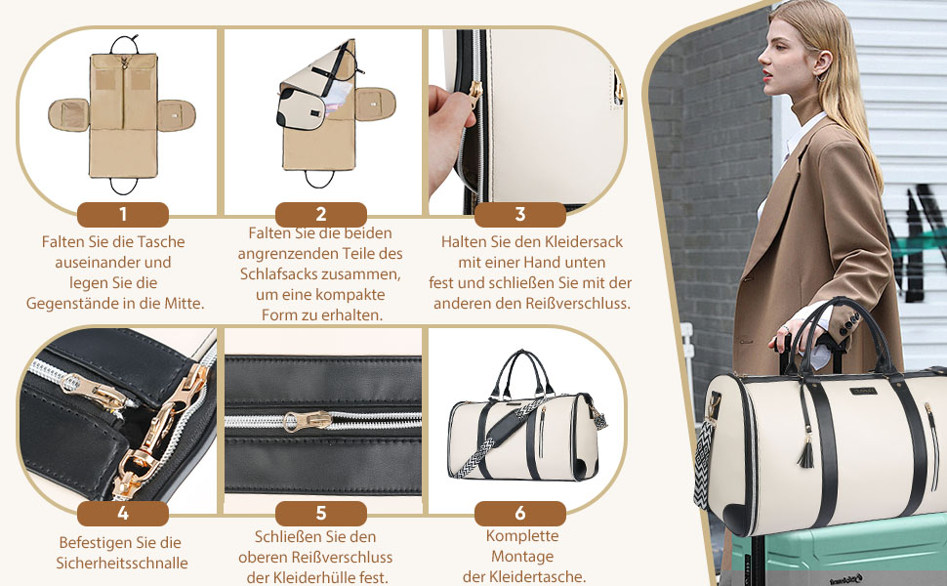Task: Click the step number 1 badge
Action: (x=123, y=215)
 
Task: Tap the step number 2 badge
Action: (x=320, y=215)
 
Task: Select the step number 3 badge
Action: (x=520, y=215)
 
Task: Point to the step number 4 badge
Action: (x=123, y=514)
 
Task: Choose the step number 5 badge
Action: (x=320, y=514)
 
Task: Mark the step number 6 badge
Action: (x=520, y=514)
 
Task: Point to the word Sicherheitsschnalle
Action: (x=122, y=563)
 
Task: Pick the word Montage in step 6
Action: (x=522, y=557)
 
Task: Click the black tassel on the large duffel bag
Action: (x=805, y=454)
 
